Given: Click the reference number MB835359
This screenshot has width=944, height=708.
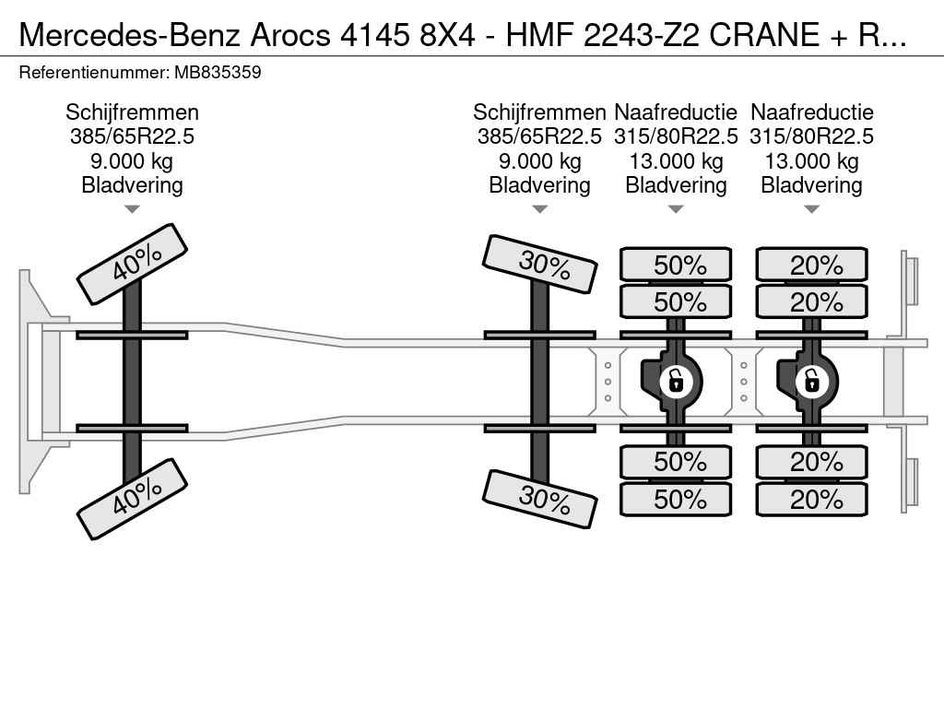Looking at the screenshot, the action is point(218,73).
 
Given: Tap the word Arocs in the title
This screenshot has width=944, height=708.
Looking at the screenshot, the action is point(290,34).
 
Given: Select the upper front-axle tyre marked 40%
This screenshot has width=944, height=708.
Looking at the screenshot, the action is point(133,265).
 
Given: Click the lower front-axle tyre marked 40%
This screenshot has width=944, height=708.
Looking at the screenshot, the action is point(133,499).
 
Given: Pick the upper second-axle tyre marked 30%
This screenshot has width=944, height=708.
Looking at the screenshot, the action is point(540,265).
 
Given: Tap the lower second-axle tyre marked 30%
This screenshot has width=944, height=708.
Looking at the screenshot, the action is point(540,499).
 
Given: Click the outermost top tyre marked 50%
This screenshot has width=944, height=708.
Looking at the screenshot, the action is point(676,265).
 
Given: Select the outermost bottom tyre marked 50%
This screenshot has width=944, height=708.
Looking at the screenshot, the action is point(676,499).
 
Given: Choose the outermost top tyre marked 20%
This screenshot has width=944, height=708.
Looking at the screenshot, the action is point(812,265).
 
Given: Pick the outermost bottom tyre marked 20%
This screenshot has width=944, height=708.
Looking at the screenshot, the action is point(812,499).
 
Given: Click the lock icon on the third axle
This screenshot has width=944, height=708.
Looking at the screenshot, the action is point(676,382).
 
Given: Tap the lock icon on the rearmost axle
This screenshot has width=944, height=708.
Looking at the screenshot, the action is point(812,382).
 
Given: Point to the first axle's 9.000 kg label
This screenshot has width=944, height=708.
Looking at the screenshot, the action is point(132,161).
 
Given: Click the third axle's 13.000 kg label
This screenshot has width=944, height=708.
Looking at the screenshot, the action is point(676,161).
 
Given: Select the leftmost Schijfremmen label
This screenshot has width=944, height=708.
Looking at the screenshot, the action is point(133,112).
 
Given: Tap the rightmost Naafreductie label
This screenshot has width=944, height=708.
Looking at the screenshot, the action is point(812,112).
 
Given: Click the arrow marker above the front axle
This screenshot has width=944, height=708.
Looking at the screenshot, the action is point(133,209).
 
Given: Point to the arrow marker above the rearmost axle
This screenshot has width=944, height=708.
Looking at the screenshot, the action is point(812,209).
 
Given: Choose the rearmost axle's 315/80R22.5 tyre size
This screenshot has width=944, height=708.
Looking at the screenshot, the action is point(811,136).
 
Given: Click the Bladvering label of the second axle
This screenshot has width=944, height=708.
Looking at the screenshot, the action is point(540,185).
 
